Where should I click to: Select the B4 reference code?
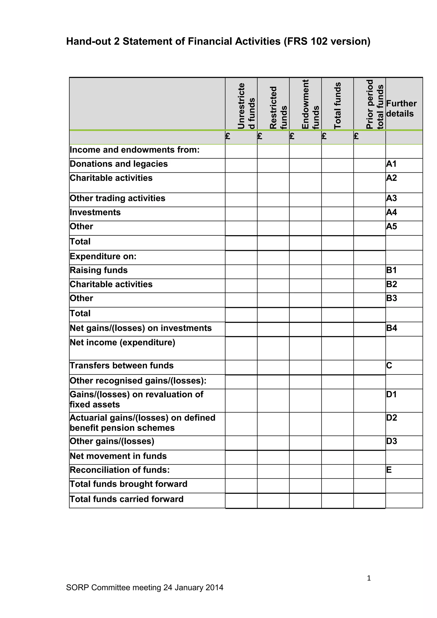(391, 328)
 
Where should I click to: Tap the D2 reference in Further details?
(391, 418)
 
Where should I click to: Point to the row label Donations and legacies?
(119, 164)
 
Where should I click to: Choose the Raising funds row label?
(99, 270)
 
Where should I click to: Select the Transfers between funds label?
(122, 366)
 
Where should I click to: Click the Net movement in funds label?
(118, 456)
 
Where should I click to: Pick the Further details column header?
(401, 108)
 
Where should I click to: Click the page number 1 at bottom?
(369, 578)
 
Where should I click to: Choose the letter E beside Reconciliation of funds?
(389, 470)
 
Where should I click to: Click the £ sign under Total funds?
(324, 136)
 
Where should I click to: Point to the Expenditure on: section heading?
(103, 256)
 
